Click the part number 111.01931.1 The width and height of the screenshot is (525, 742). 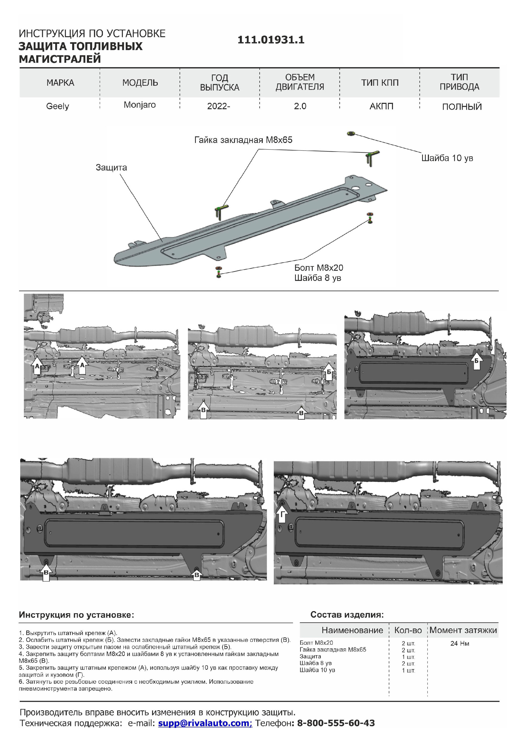click(271, 40)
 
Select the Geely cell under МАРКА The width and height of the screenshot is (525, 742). click(57, 106)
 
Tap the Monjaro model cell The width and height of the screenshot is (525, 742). click(139, 105)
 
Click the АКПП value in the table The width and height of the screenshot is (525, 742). click(381, 106)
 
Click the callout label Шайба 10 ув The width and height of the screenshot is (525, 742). click(447, 158)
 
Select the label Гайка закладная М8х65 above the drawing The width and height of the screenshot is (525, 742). click(243, 140)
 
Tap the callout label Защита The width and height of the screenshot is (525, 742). click(111, 167)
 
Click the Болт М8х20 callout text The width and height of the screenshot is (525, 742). click(319, 268)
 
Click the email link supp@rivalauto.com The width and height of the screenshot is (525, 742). click(205, 723)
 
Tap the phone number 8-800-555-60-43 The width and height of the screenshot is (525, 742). click(336, 723)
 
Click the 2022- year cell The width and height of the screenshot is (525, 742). click(218, 106)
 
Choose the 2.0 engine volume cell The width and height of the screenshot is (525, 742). click(300, 106)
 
